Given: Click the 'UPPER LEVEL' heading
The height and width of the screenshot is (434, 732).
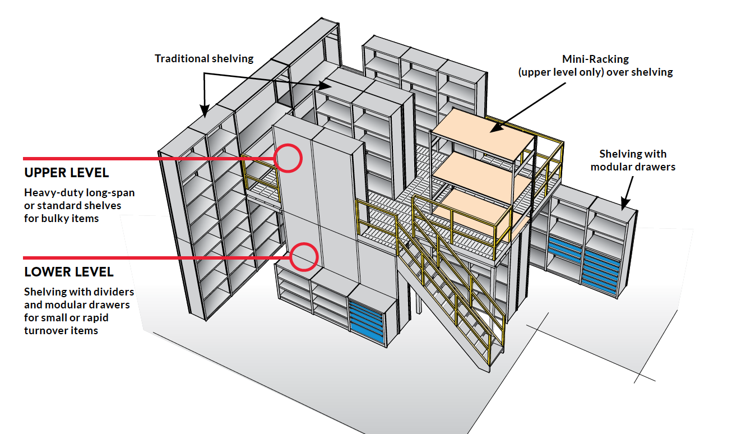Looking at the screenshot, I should (x=67, y=173).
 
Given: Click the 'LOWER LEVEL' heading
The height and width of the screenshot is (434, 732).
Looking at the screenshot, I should (x=69, y=272).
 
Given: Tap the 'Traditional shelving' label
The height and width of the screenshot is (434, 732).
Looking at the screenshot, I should (x=204, y=58).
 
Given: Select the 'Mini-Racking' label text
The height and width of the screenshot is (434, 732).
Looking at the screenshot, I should (x=595, y=59).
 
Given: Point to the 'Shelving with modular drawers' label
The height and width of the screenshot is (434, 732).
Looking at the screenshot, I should (x=633, y=160).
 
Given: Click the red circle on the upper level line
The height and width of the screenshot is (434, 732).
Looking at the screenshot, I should (x=289, y=158).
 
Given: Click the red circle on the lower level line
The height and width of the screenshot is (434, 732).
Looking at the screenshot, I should (x=304, y=257).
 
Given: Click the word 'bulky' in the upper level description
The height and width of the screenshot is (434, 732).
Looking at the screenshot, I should (x=55, y=218).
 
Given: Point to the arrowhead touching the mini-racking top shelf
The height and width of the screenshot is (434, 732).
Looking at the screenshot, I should (x=493, y=128).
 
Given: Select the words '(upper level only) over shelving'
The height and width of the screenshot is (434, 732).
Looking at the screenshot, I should (x=595, y=72).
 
